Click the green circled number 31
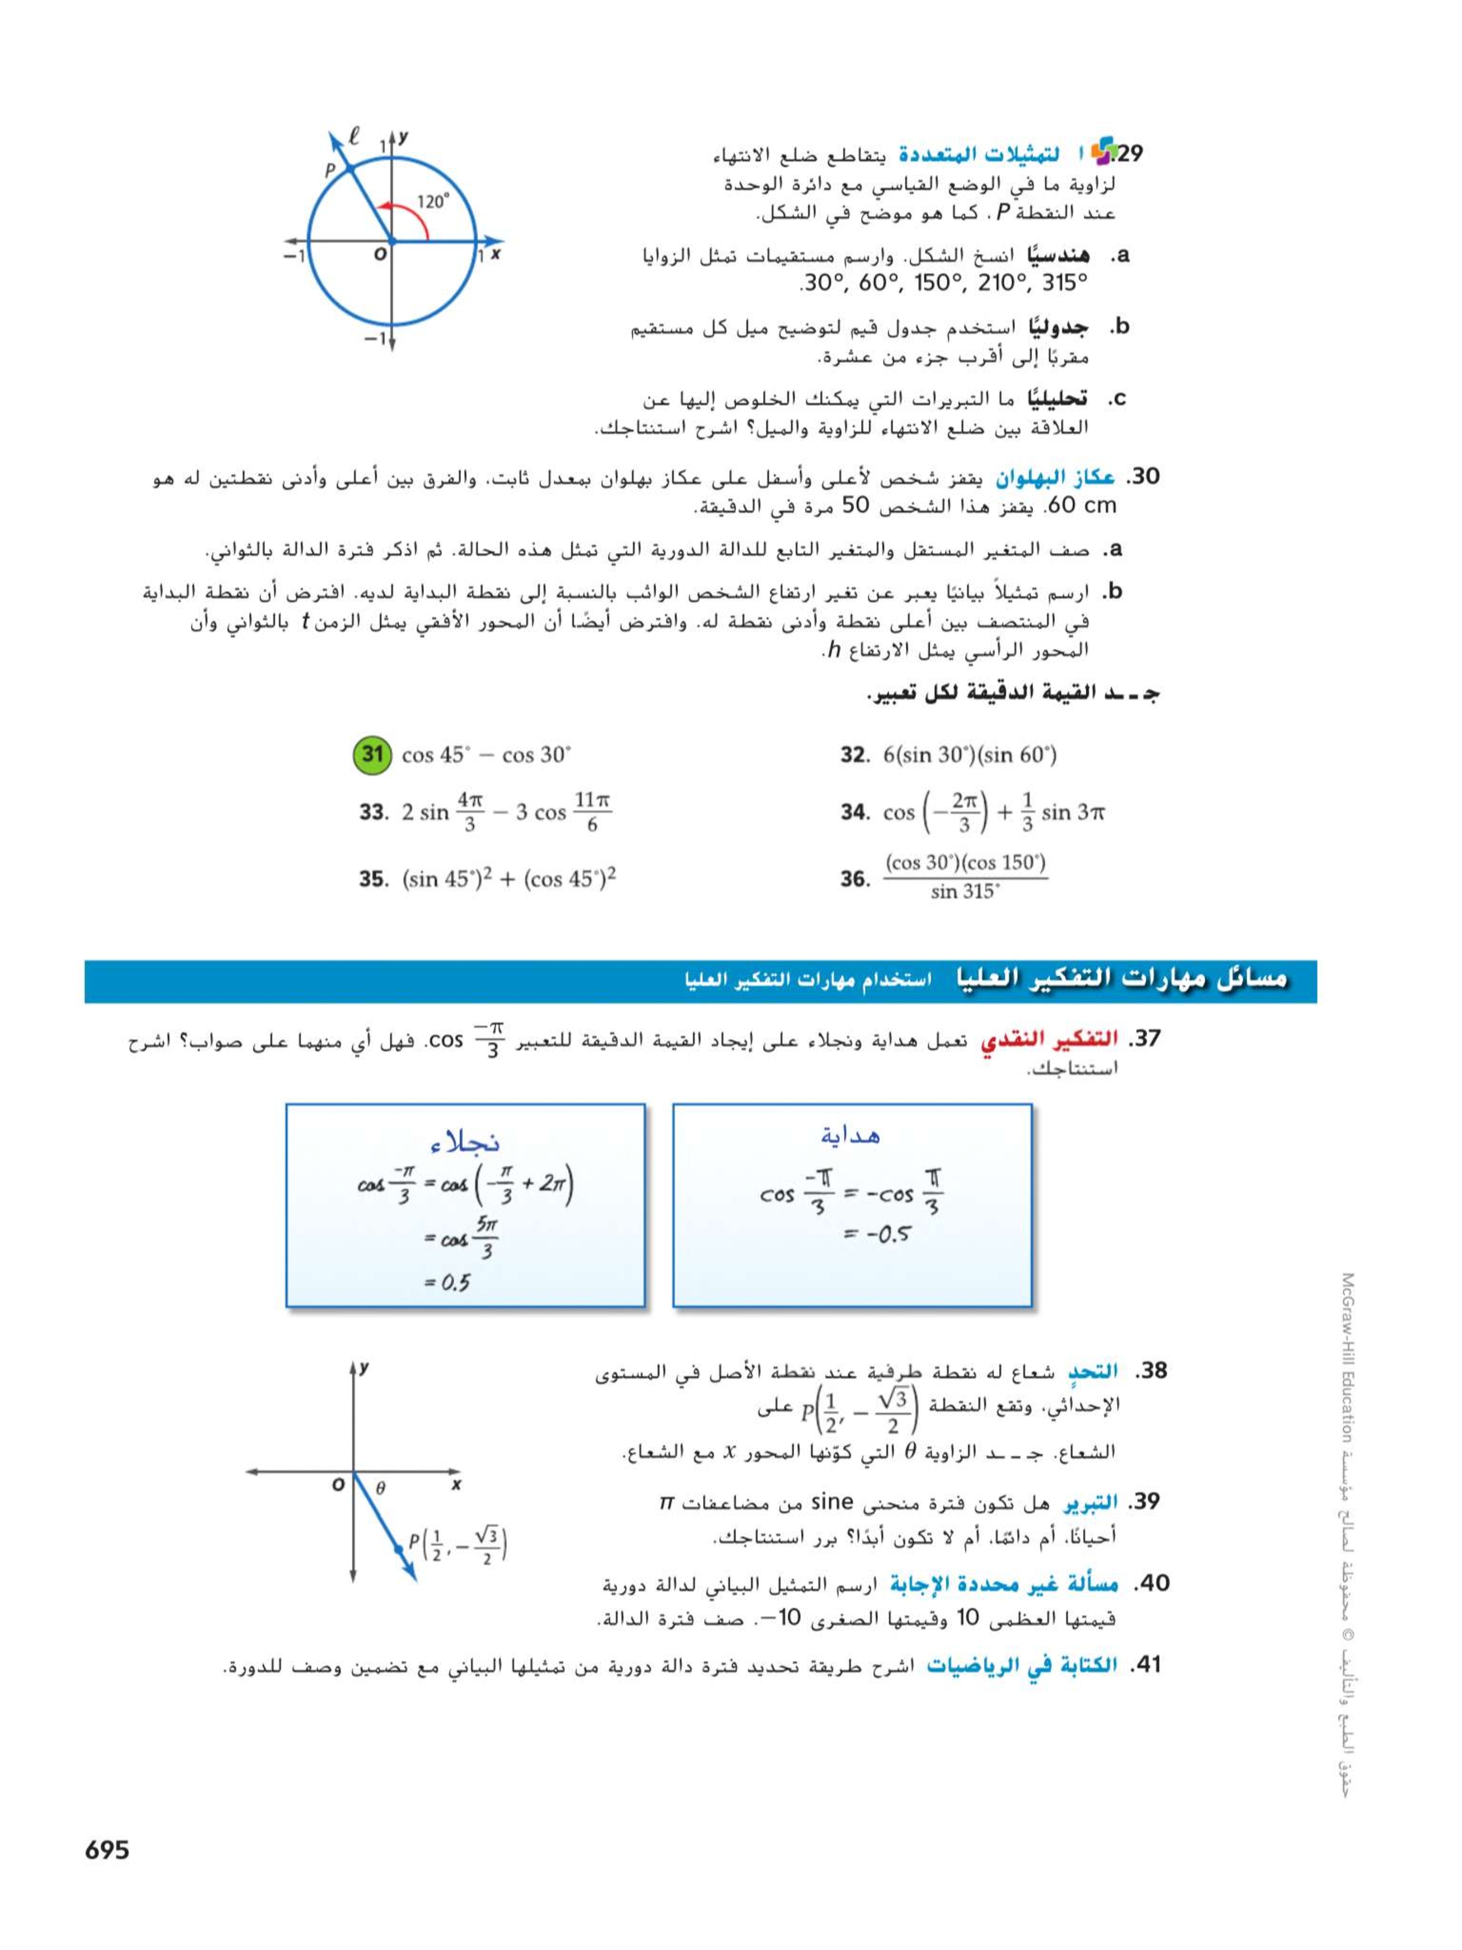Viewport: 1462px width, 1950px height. pos(372,755)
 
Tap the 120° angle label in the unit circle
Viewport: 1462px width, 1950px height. pos(433,202)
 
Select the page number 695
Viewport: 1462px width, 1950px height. pos(107,1849)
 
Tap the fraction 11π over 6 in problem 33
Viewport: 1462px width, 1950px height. pos(592,812)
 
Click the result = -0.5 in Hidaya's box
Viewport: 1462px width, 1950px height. pos(877,1234)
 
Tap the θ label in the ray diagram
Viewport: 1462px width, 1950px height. pos(381,1487)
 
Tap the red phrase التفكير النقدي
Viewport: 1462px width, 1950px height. pos(1049,1039)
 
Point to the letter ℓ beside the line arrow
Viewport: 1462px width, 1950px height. pos(354,136)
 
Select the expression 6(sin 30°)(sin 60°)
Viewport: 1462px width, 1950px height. pos(969,755)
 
